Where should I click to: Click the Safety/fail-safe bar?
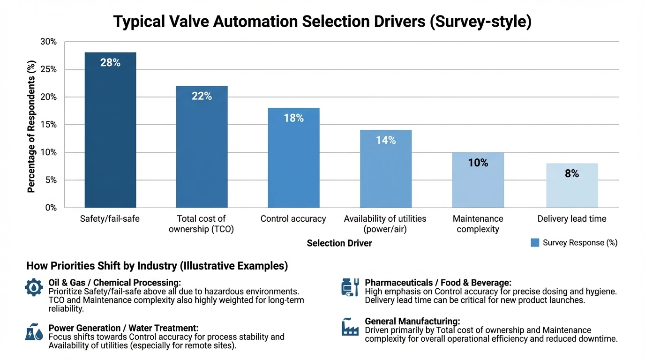coord(110,136)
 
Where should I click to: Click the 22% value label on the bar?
coord(202,96)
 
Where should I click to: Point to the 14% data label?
coord(386,140)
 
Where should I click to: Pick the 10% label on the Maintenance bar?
coord(478,163)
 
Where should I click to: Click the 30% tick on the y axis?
coord(48,42)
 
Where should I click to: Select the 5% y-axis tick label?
coord(51,180)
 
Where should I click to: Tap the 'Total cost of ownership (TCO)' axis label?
coord(202,224)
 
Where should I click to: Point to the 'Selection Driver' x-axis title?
coord(339,243)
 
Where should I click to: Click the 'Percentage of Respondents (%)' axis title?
coord(31,126)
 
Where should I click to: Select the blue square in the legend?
coord(535,242)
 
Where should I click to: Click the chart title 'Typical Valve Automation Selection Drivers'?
coord(322,22)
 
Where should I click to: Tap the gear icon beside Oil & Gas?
coord(34,287)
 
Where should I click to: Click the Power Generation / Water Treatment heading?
coord(123,328)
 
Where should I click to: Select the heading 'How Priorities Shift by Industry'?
coord(157,266)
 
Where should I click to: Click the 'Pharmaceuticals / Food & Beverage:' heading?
coord(438,283)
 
